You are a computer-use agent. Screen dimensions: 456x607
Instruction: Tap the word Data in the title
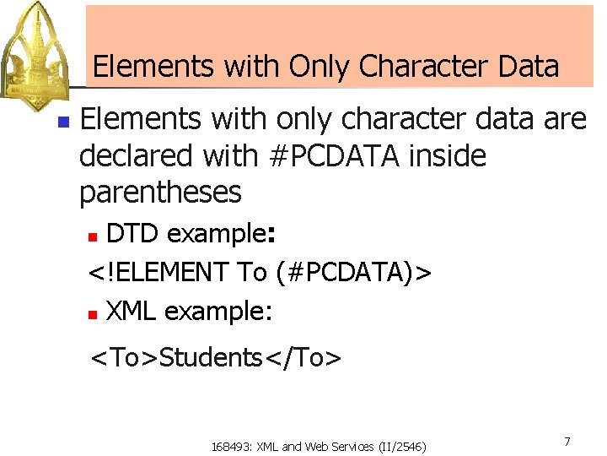click(529, 66)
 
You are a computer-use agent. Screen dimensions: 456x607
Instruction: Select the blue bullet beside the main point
click(62, 122)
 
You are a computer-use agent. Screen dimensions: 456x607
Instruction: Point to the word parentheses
click(160, 193)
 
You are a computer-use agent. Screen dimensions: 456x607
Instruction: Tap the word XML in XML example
click(131, 312)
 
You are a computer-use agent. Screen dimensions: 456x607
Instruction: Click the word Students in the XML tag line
click(211, 358)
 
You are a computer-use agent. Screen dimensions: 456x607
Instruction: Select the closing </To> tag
click(303, 358)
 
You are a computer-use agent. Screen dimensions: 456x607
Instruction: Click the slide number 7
click(567, 442)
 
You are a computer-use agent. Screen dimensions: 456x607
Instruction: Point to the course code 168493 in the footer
click(228, 446)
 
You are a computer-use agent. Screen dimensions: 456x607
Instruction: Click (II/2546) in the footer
click(403, 446)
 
